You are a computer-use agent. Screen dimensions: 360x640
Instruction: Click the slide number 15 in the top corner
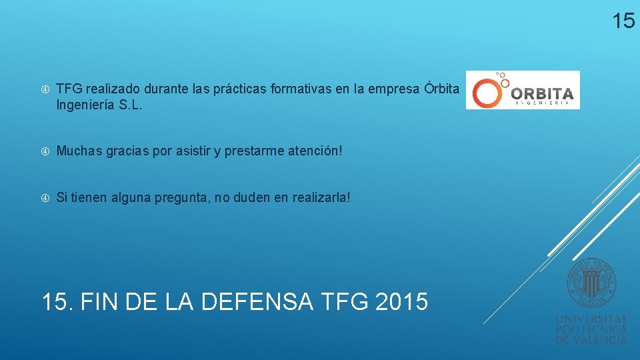(x=623, y=21)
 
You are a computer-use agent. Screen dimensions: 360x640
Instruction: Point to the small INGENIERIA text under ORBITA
(x=542, y=103)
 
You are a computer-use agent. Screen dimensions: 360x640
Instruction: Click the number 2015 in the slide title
(x=401, y=301)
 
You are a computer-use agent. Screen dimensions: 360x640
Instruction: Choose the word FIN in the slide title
(x=102, y=301)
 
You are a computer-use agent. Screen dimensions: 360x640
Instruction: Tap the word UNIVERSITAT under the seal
(x=591, y=319)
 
